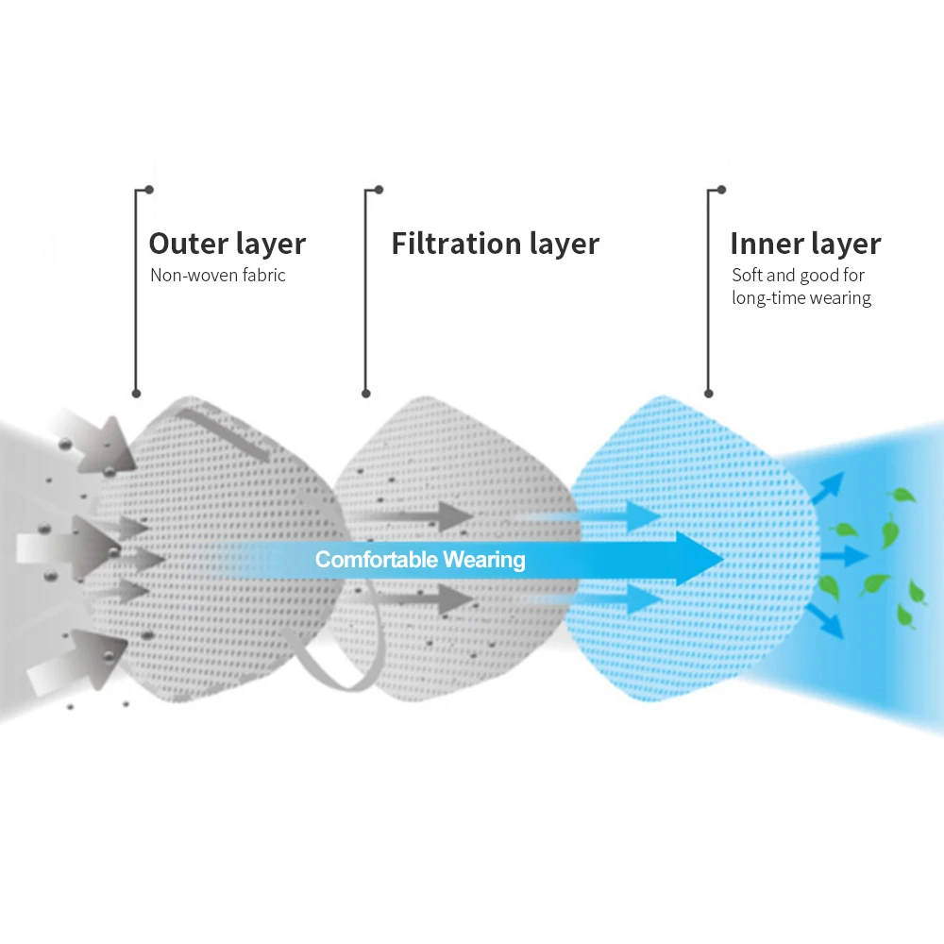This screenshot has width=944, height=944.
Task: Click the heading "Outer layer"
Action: (227, 244)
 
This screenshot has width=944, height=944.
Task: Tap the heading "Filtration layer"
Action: (495, 244)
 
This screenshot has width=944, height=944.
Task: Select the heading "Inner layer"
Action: (804, 244)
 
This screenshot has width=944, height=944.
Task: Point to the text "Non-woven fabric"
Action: (217, 276)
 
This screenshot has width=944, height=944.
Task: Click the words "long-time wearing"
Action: (801, 298)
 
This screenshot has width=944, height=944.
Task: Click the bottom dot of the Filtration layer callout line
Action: (366, 394)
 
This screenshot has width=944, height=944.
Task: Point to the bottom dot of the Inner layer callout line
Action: (709, 393)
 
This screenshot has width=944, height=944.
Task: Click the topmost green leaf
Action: (903, 495)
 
